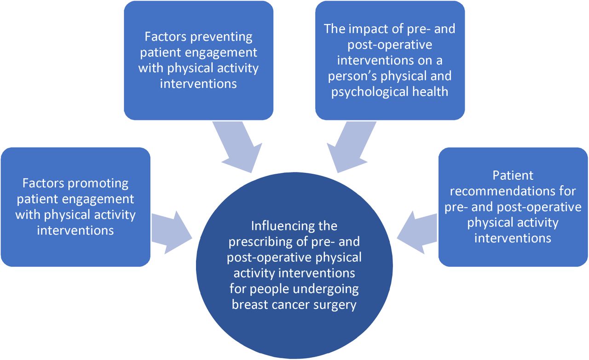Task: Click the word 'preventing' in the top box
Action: (221, 37)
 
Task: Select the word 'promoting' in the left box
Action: (98, 184)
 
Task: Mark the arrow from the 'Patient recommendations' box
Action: (417, 233)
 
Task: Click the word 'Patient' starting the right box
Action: (513, 176)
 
